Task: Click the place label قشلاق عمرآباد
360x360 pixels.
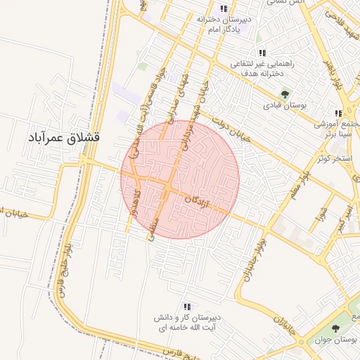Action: coord(63,138)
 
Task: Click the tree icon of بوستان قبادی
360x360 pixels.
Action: coord(285,94)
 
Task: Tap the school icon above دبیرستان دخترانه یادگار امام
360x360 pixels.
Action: coord(224,9)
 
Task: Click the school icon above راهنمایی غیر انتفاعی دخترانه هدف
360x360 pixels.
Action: coord(262,53)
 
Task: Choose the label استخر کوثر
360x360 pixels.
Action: coord(333,158)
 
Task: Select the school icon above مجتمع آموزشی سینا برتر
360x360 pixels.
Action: coord(338,112)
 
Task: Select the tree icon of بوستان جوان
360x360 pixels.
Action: coord(334,328)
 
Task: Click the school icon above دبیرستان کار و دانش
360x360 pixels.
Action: coord(187,307)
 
